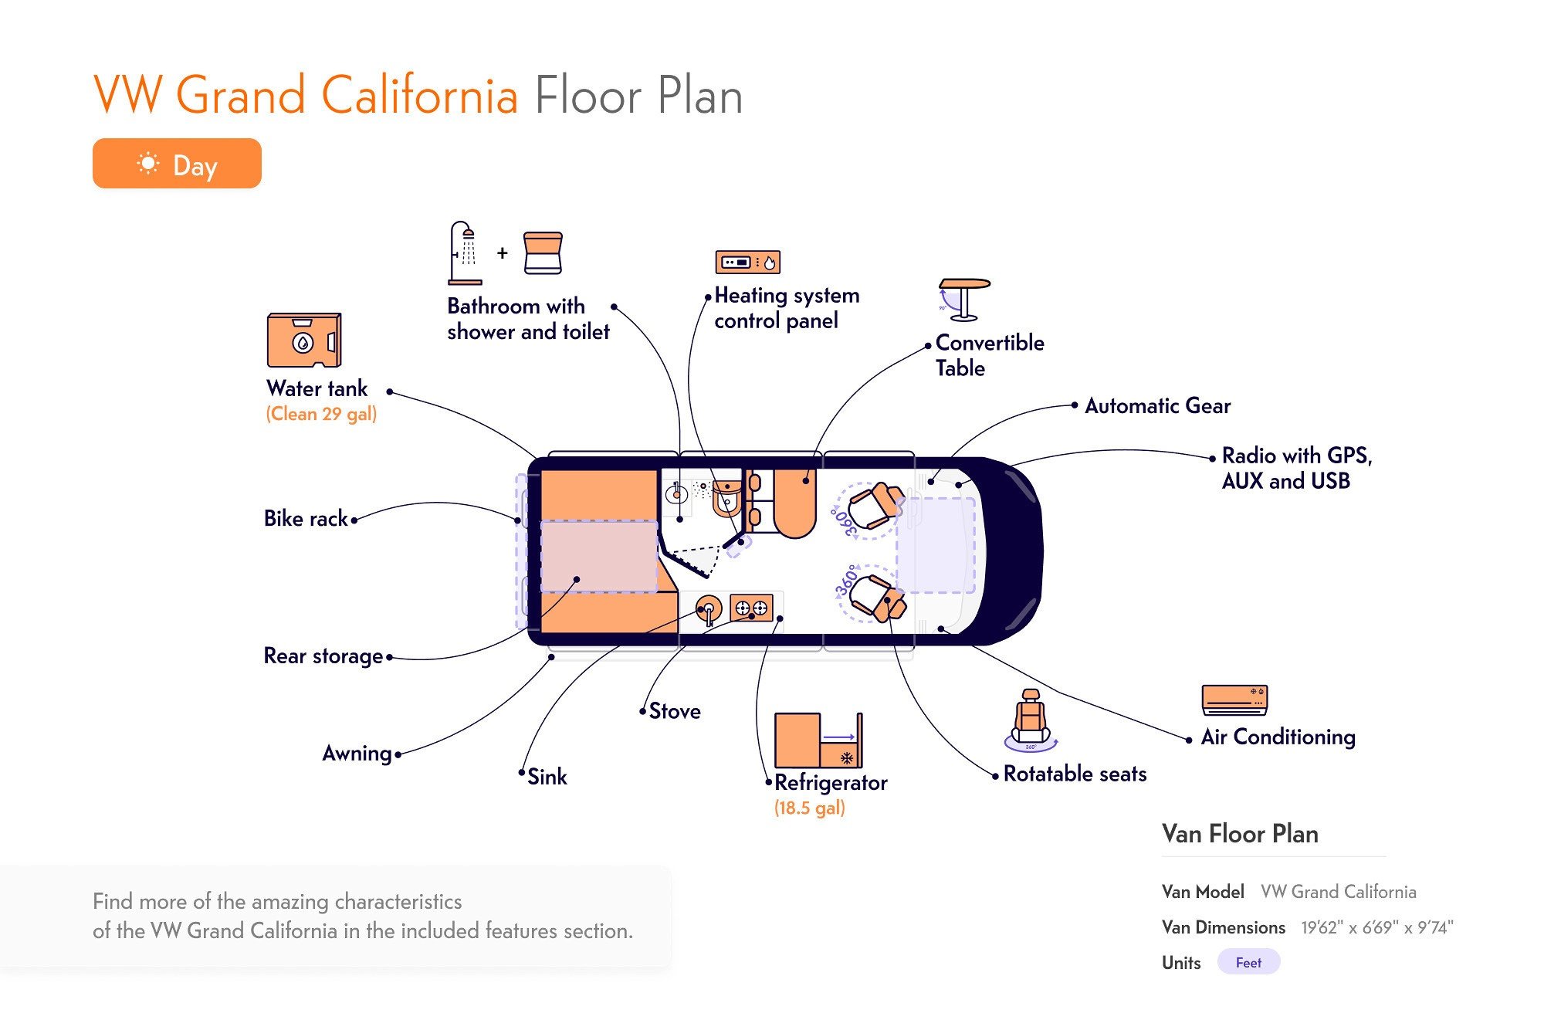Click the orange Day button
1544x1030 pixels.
pos(177,164)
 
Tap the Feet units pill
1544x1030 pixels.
pos(1248,962)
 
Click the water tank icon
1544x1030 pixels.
pos(304,340)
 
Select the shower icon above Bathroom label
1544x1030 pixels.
pos(465,253)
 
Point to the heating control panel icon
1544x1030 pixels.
pos(747,263)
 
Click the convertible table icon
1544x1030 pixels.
pos(963,300)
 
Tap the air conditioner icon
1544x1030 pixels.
pos(1234,700)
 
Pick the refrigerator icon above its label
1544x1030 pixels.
pos(818,740)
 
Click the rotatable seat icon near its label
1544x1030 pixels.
pos(1031,720)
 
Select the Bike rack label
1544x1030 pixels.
pos(306,518)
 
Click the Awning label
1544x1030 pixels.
pos(357,753)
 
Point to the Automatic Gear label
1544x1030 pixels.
pos(1157,405)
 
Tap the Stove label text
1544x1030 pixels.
pos(675,711)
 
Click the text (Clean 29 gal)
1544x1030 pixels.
pos(321,414)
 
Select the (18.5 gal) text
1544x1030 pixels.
pos(810,808)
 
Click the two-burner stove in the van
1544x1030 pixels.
pos(751,608)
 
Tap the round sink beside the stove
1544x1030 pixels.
pos(708,609)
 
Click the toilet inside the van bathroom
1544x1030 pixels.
pos(726,498)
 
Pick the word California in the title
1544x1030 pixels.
pos(419,96)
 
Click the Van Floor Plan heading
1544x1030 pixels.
pos(1240,834)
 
